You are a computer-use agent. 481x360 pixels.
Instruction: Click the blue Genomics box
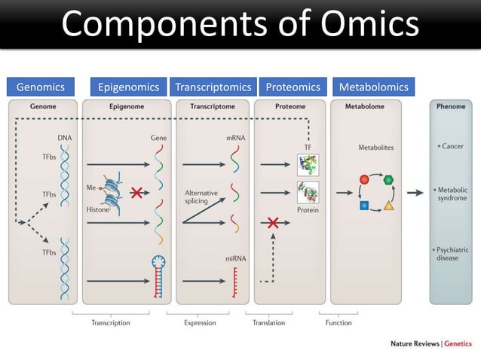click(x=41, y=87)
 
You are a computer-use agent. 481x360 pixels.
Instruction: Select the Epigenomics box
click(x=129, y=87)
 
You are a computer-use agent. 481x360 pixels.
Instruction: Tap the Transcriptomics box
click(x=213, y=87)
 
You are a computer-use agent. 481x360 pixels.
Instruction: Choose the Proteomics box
click(x=293, y=87)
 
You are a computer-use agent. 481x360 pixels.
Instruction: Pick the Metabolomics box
click(x=373, y=87)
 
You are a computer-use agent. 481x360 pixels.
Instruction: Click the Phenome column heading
click(x=451, y=107)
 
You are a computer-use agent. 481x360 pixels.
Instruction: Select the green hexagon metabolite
click(x=389, y=180)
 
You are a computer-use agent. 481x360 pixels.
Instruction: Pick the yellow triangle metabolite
click(x=388, y=206)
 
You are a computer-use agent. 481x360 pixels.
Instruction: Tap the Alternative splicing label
click(x=201, y=197)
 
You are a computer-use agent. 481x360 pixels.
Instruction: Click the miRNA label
click(x=235, y=258)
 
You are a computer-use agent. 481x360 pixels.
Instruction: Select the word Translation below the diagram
click(x=269, y=322)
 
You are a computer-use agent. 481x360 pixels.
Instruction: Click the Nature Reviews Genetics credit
click(x=430, y=343)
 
